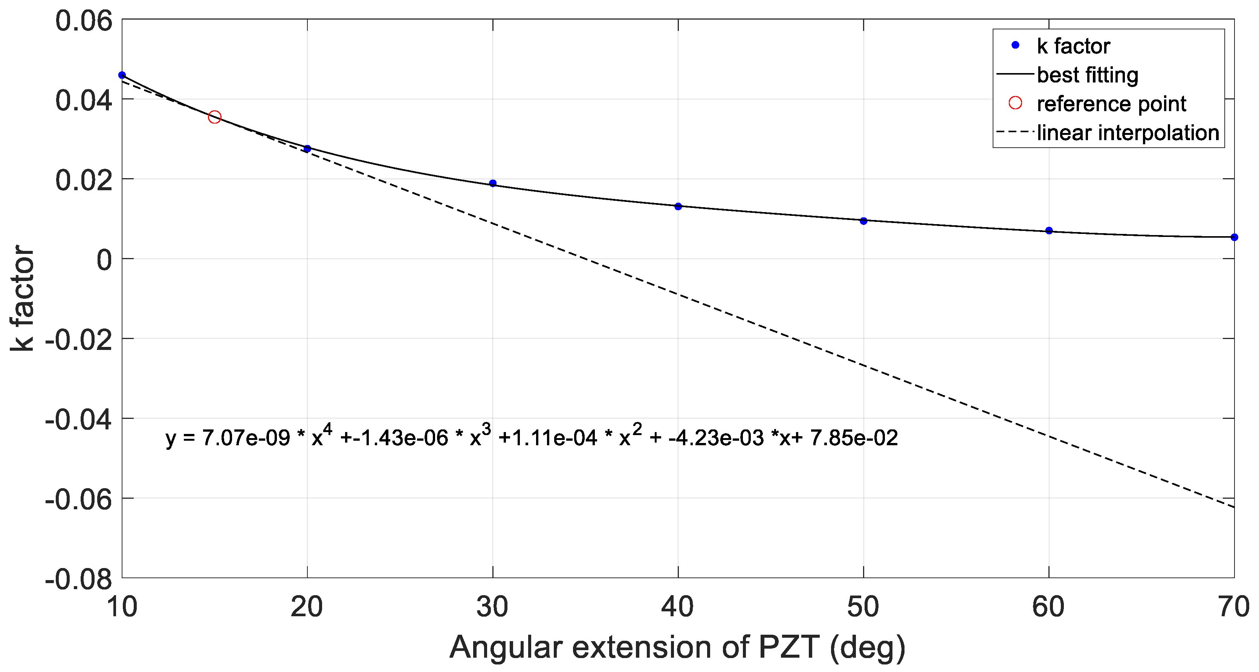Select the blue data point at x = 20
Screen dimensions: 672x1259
click(x=307, y=148)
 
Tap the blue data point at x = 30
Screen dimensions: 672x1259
click(x=493, y=183)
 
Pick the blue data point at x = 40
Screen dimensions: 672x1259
click(x=678, y=207)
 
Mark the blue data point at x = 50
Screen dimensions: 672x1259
click(x=863, y=221)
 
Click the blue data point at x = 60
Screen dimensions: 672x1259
click(x=1049, y=231)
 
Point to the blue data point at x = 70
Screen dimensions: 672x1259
click(x=1234, y=237)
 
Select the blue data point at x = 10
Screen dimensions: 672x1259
click(x=122, y=75)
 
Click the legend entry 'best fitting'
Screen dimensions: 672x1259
click(x=1088, y=75)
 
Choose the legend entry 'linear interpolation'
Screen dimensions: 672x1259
click(x=1128, y=133)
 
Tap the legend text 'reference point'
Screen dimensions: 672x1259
click(x=1111, y=104)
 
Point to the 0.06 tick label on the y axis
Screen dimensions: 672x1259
click(x=84, y=21)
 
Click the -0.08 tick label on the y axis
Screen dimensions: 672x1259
click(x=78, y=580)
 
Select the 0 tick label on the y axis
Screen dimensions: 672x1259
click(x=104, y=260)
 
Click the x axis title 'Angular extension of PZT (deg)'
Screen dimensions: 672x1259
click(x=677, y=648)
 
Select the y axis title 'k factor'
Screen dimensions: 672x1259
click(x=22, y=298)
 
